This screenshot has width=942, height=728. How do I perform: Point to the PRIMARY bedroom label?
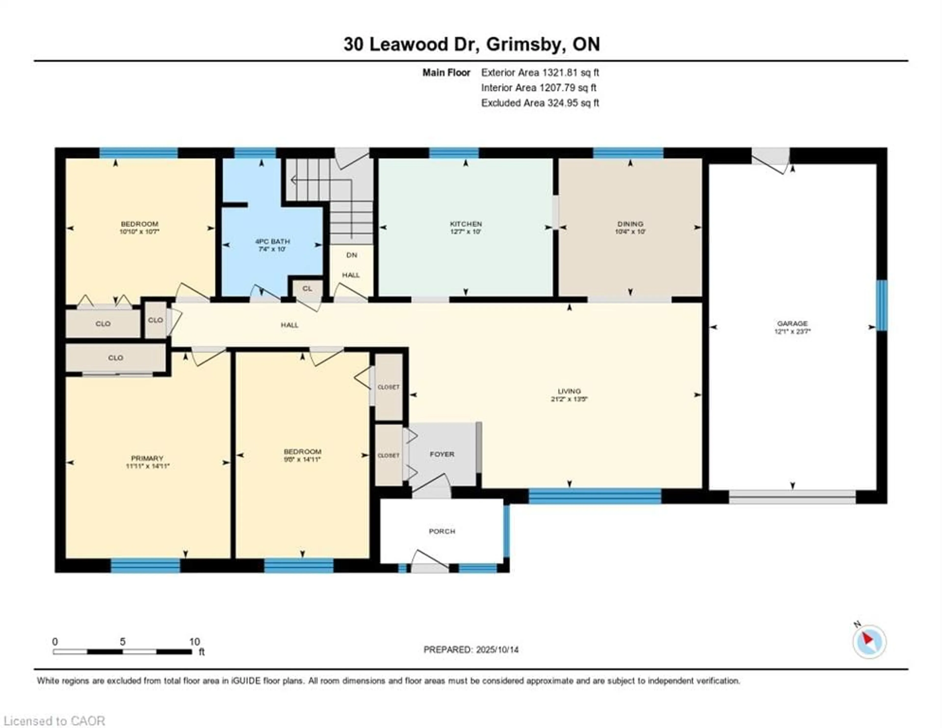[147, 458]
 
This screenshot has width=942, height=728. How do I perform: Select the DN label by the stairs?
[352, 255]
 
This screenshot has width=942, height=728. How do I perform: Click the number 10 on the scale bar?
[195, 641]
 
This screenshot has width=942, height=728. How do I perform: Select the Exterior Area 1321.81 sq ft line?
[540, 72]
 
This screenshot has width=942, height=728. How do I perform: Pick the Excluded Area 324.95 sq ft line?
[540, 103]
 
